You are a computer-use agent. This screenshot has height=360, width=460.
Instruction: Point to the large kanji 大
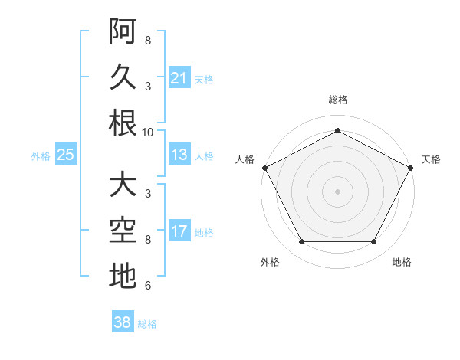point(123,185)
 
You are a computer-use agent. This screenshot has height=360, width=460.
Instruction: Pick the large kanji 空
point(123,231)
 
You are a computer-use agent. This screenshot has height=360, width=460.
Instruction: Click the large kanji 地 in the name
point(123,277)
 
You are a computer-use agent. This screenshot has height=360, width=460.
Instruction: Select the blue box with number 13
point(179,155)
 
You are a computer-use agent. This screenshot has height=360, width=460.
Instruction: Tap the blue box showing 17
point(179,232)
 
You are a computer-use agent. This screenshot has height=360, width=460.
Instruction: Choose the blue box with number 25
point(65,155)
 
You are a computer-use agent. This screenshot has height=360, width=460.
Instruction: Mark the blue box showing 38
point(122,322)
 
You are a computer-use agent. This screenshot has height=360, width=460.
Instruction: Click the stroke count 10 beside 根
point(148,132)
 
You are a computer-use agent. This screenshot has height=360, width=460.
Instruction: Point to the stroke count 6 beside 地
point(147,286)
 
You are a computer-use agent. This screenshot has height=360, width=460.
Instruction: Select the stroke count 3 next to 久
point(147,86)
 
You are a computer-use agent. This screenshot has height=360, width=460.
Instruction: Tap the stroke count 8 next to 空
point(147,240)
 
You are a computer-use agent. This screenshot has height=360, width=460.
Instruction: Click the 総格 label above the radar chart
point(337,100)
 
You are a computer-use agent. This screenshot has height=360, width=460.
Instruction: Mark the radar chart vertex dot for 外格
point(301,242)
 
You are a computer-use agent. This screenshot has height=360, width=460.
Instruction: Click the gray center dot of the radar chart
point(337,191)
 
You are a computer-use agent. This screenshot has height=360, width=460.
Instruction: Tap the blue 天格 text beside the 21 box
point(204,79)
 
